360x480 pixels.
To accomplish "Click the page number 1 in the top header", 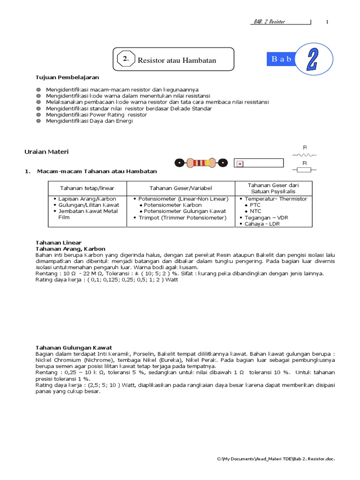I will point(327,22).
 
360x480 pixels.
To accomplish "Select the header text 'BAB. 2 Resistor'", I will point(269,22).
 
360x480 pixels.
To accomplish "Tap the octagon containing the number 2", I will point(126,59).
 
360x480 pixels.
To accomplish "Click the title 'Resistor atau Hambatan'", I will point(177,60).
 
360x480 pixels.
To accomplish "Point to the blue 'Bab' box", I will point(282,59).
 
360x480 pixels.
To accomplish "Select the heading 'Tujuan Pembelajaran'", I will point(67,77).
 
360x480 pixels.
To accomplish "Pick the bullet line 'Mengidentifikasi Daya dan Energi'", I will point(89,121).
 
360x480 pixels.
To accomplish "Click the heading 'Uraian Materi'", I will point(46,151).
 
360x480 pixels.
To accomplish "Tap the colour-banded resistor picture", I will point(201,163).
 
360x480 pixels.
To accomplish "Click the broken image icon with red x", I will point(240,164).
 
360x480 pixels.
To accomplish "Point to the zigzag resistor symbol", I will point(304,154).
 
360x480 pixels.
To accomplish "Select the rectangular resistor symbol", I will point(304,169).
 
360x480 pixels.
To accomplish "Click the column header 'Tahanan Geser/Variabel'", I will point(180,188).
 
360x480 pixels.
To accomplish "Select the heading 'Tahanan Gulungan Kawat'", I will point(74,347).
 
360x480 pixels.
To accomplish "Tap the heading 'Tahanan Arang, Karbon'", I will point(70,248).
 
